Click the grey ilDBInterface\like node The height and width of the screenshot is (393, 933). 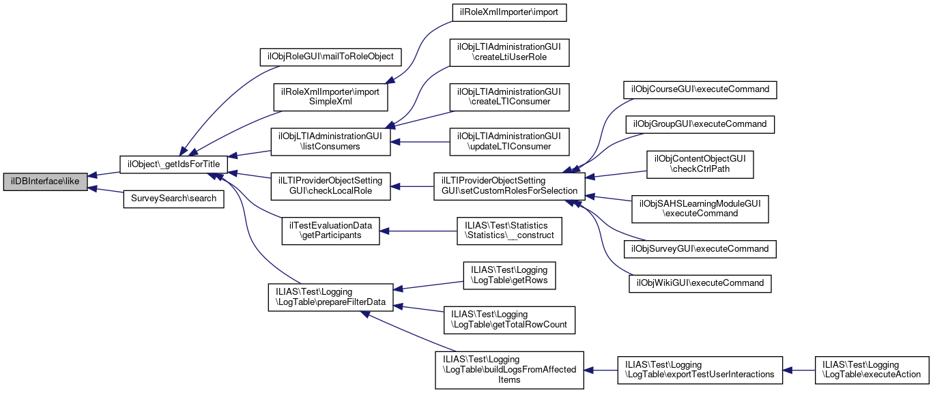45,182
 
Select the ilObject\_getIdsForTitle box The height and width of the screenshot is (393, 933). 174,164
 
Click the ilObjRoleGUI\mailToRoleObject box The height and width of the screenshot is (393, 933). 330,56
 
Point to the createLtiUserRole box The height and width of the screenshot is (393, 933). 508,53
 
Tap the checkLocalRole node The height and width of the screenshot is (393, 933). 330,185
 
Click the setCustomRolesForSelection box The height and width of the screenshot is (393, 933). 508,185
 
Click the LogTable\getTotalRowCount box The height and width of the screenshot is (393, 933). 508,319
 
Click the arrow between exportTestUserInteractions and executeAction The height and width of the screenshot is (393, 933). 799,370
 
